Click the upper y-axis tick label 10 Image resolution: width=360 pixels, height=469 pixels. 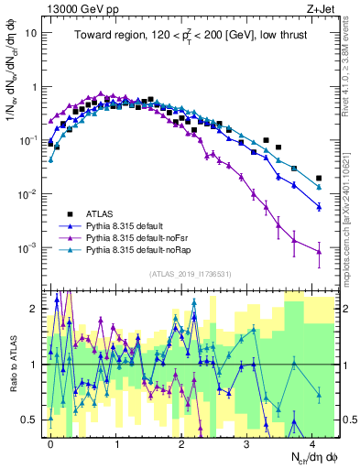(30, 33)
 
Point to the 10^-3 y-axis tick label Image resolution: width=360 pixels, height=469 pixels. (27, 248)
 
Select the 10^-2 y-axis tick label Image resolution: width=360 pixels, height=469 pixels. (27, 194)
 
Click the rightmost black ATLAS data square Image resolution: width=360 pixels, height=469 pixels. (319, 179)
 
